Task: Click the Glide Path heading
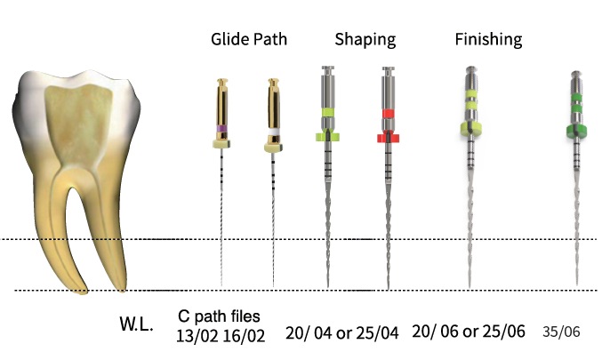(x=249, y=39)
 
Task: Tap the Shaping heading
(x=365, y=40)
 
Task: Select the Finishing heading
(x=489, y=40)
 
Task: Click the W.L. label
(x=136, y=324)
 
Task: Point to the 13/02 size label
(x=197, y=336)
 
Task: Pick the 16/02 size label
(x=244, y=336)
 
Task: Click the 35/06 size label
(x=561, y=332)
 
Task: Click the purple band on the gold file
(x=222, y=128)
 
